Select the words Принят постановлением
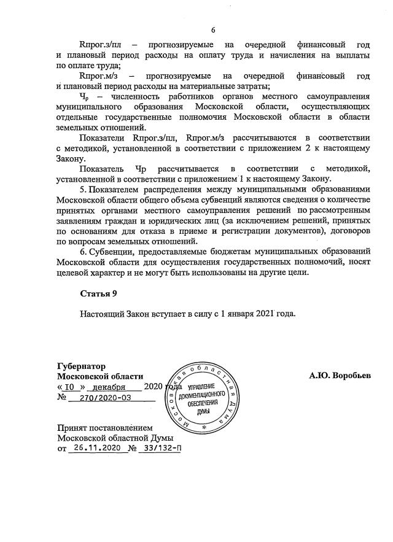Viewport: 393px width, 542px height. (104, 427)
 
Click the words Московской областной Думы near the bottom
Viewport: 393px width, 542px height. (115, 438)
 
